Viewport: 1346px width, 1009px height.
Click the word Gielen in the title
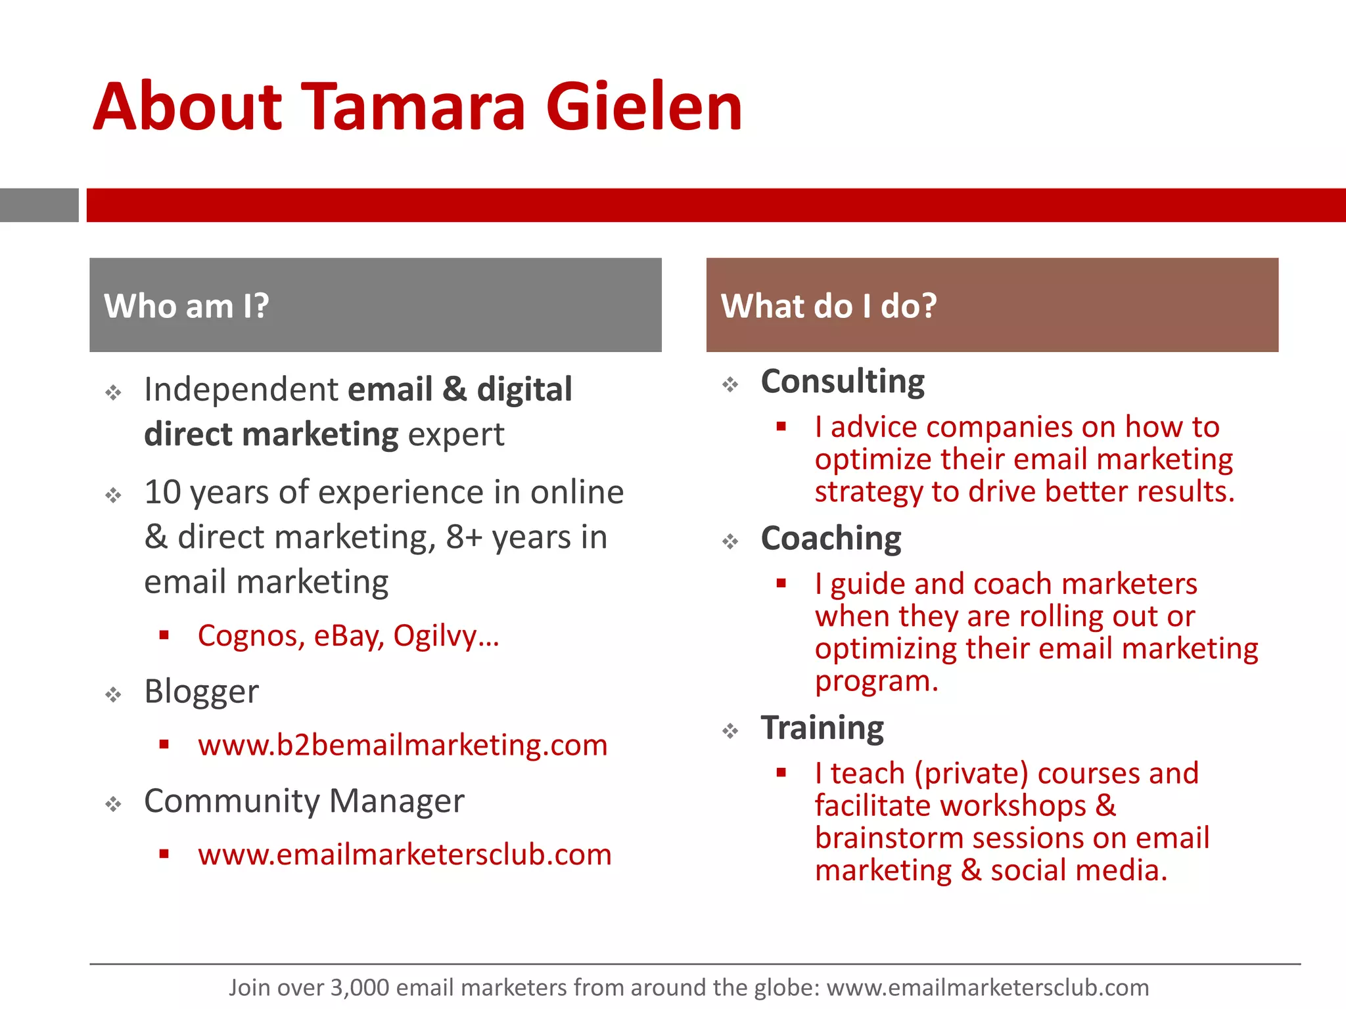coord(644,106)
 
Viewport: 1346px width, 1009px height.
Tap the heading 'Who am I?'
coord(187,306)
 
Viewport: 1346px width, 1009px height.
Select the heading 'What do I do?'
coord(829,306)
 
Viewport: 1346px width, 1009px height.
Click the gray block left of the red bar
coord(39,205)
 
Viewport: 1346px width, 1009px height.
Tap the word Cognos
coord(250,636)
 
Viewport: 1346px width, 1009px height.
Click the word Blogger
coord(201,692)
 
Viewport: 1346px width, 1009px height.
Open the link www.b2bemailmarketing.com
coord(402,745)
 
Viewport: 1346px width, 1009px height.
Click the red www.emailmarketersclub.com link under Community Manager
coord(404,855)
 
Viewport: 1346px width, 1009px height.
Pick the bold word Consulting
coord(843,382)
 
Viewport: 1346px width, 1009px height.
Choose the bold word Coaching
coord(831,539)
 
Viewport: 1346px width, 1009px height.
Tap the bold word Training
coord(822,728)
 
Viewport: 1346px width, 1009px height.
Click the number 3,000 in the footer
coord(360,987)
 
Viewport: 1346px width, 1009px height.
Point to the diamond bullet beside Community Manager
coord(114,804)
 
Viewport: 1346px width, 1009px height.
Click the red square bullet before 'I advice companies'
coord(781,427)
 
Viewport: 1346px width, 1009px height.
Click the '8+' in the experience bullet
coord(464,537)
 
